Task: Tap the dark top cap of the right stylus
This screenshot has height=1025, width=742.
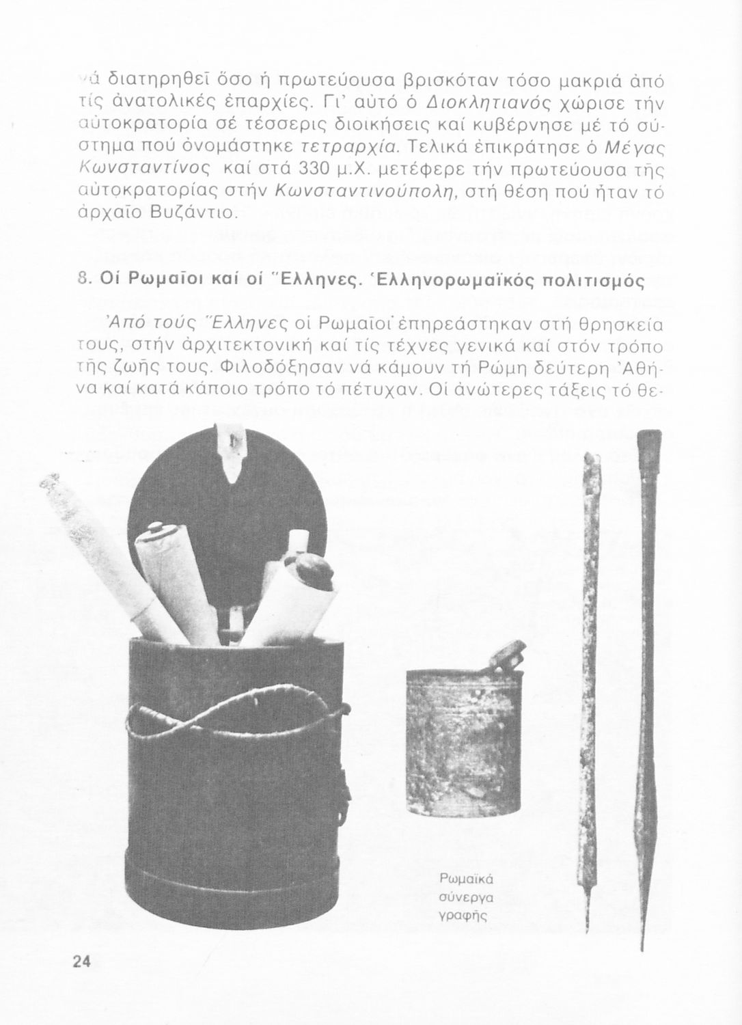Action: pyautogui.click(x=649, y=445)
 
